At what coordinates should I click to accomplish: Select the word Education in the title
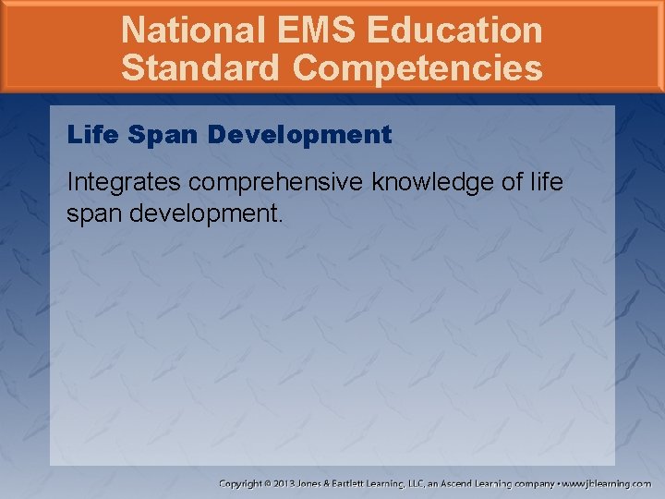pos(454,30)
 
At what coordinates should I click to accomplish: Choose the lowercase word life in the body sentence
pos(547,182)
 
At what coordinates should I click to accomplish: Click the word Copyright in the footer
pos(239,483)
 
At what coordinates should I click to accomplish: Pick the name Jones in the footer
pos(315,483)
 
